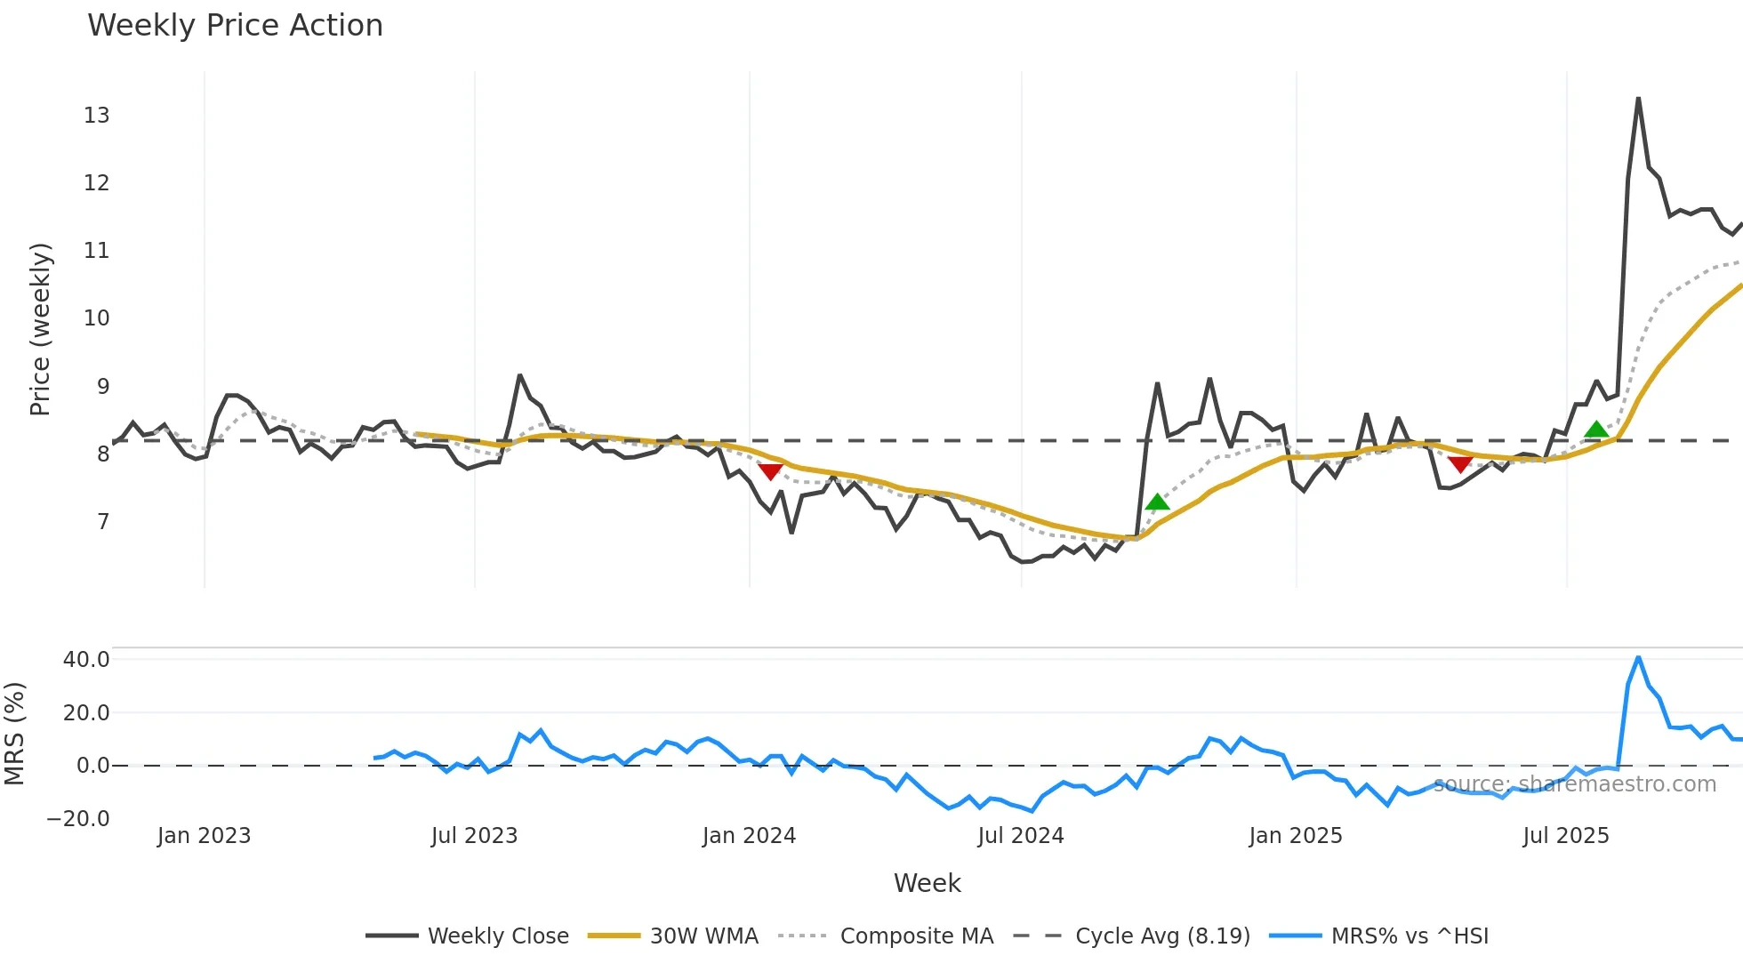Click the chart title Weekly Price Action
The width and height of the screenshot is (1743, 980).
[235, 25]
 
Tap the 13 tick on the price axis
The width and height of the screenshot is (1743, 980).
[96, 115]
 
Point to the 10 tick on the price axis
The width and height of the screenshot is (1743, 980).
[96, 317]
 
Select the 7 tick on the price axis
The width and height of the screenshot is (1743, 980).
[102, 521]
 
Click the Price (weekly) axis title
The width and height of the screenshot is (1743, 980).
[40, 329]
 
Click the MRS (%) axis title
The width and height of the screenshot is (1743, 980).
[14, 734]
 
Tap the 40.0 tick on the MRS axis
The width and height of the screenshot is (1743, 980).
[86, 659]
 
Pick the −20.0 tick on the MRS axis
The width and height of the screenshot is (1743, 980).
[78, 818]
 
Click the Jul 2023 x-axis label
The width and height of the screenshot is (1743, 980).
[474, 836]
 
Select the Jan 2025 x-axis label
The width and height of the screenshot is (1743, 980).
[1295, 836]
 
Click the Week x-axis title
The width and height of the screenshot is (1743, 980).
[927, 883]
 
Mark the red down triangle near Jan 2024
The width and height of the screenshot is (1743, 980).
[770, 471]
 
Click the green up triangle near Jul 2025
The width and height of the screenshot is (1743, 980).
[1596, 430]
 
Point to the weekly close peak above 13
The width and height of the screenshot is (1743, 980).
[1638, 99]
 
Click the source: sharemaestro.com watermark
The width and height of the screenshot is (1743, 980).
[1575, 783]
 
